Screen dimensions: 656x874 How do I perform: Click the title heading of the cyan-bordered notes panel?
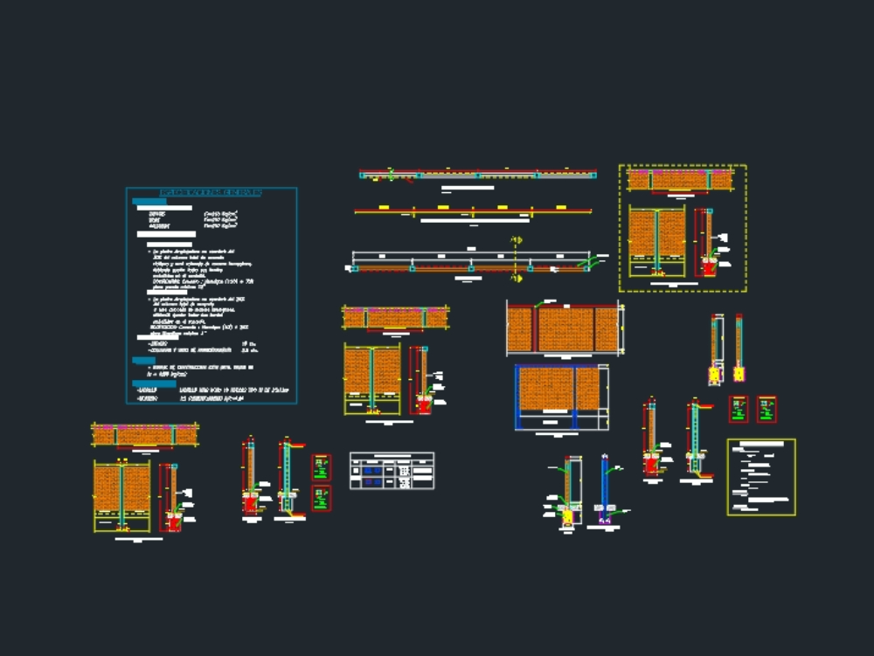[211, 191]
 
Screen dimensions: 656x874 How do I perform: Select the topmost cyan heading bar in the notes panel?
[149, 202]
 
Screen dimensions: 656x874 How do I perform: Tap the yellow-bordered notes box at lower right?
[761, 477]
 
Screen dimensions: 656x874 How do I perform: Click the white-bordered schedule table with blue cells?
[392, 470]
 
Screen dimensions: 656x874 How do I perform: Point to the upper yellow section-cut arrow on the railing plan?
[517, 240]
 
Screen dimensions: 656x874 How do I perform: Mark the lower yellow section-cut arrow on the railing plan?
[517, 278]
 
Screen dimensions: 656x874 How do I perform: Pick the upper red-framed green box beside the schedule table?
[322, 467]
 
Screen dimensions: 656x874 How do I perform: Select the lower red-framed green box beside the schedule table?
[322, 498]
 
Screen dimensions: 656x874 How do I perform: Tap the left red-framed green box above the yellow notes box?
[739, 409]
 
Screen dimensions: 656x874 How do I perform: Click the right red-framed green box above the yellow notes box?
[766, 409]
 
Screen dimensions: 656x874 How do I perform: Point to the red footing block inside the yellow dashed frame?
[708, 267]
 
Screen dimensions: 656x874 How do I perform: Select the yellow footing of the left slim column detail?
[716, 373]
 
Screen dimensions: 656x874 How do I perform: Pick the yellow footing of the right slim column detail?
[739, 373]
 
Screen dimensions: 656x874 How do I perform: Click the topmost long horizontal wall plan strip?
[478, 175]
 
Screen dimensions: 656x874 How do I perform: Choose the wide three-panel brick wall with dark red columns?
[564, 328]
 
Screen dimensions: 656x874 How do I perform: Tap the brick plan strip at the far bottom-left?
[145, 434]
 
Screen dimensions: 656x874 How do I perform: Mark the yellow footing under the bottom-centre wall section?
[568, 517]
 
